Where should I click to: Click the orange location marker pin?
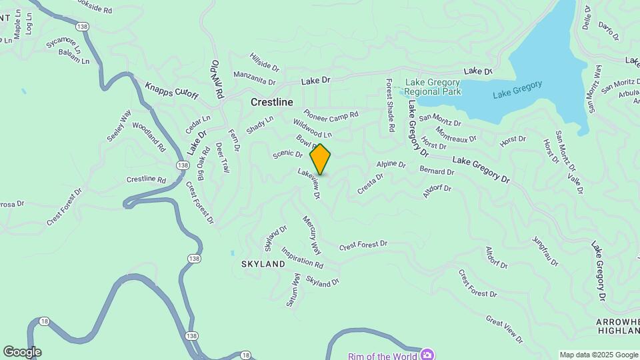321,159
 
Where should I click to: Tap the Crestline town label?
272,103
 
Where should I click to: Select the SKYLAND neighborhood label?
263,264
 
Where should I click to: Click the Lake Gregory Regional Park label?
433,87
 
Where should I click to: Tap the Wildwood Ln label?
313,129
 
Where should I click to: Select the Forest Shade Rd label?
391,105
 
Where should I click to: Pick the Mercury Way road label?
311,235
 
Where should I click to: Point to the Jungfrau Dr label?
545,251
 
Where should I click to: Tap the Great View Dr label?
505,330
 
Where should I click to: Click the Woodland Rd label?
149,137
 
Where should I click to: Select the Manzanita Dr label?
254,79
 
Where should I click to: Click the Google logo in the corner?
22,352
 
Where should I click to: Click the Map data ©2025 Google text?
598,355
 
